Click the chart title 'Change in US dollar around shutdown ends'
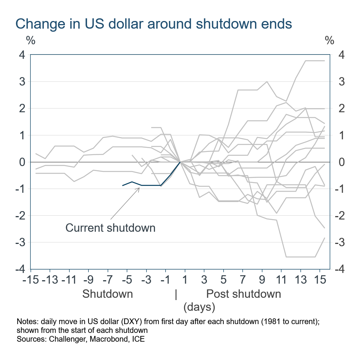[153, 24]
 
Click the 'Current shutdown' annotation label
[110, 228]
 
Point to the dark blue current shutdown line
[151, 185]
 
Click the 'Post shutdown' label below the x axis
[244, 294]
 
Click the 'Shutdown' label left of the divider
[108, 294]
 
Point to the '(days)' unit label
[199, 307]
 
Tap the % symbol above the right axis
[329, 40]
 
